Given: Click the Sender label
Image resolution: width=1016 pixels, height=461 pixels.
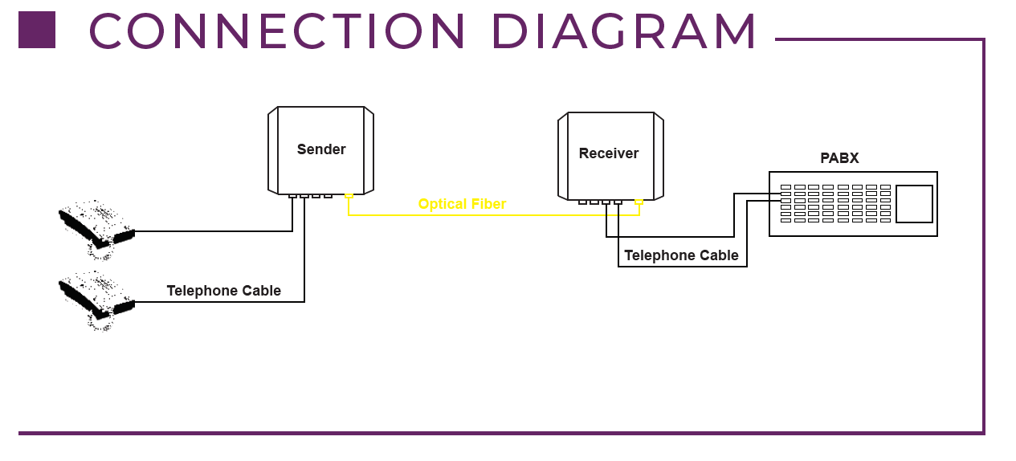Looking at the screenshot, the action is click(321, 149).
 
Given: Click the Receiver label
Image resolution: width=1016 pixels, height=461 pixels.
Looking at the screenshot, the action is click(609, 153).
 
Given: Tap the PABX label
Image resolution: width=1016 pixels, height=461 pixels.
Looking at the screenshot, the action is click(839, 158).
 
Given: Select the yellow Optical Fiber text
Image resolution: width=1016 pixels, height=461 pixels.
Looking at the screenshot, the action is click(462, 204).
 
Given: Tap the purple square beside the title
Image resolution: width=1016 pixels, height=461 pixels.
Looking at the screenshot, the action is click(37, 30).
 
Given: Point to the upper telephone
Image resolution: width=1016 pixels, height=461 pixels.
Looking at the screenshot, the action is click(96, 230).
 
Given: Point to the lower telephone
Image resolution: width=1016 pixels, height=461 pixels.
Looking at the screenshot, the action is click(96, 300).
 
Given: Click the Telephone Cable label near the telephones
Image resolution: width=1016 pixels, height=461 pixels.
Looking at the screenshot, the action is click(223, 291).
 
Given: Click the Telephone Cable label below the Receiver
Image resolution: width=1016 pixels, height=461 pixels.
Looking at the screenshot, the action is click(681, 255).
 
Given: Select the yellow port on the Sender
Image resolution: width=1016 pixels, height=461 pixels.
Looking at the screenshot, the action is click(349, 196).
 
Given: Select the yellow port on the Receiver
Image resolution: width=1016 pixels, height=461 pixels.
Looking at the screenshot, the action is click(639, 202).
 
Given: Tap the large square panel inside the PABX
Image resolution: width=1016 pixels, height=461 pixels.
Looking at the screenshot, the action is click(914, 204).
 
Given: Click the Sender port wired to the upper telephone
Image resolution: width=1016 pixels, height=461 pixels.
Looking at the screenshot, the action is click(292, 196).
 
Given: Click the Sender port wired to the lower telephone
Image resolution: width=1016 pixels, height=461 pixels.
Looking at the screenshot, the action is click(304, 196).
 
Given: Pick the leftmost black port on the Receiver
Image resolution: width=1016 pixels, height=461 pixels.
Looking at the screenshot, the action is click(583, 202).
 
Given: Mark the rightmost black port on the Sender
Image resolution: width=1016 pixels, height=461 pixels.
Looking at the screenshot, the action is click(328, 196).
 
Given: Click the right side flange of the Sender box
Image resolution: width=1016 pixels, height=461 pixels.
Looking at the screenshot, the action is click(369, 150).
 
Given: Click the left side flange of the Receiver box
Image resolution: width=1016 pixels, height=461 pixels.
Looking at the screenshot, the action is click(563, 156).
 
